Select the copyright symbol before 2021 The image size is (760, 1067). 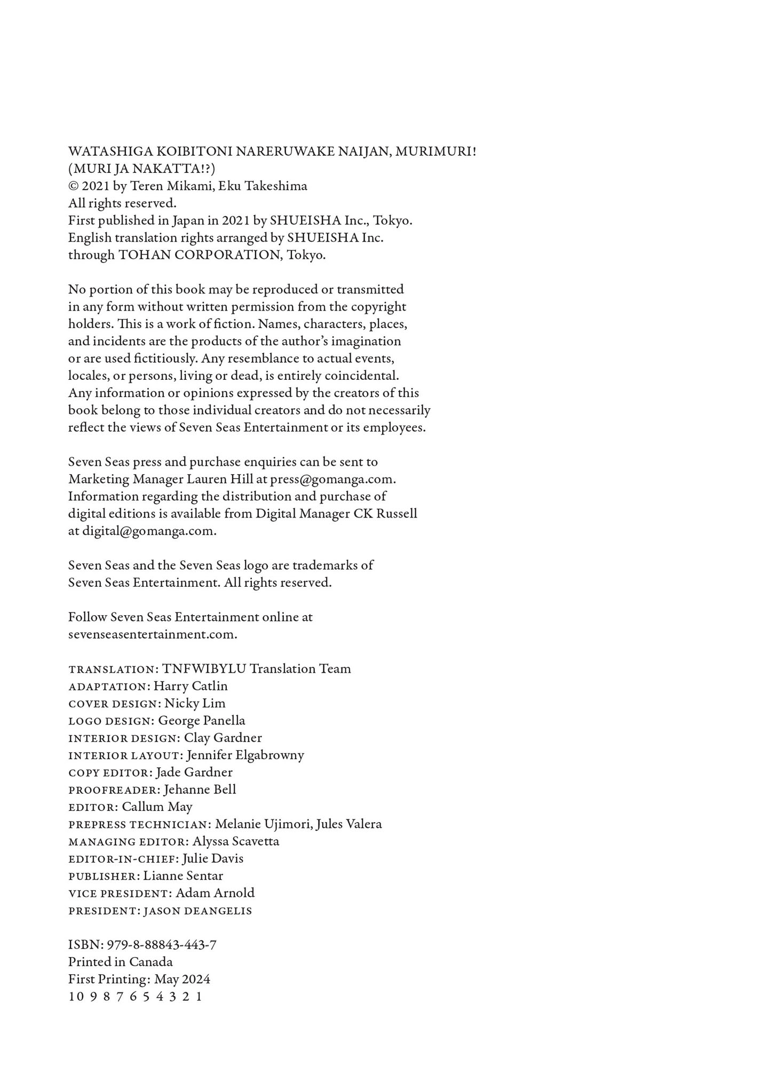click(x=73, y=186)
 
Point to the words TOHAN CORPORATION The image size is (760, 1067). click(x=200, y=255)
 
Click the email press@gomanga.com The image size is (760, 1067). click(x=332, y=479)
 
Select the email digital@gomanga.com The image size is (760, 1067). click(x=148, y=531)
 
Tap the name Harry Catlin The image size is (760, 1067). click(x=191, y=686)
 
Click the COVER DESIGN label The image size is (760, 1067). click(x=113, y=704)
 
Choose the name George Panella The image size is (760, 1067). click(x=202, y=721)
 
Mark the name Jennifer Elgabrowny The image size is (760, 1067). click(x=246, y=755)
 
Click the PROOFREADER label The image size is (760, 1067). click(x=113, y=790)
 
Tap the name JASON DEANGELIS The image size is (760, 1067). click(x=198, y=911)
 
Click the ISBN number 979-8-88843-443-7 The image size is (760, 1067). click(x=162, y=945)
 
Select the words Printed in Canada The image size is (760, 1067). click(x=121, y=962)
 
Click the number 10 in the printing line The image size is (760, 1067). click(x=76, y=997)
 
